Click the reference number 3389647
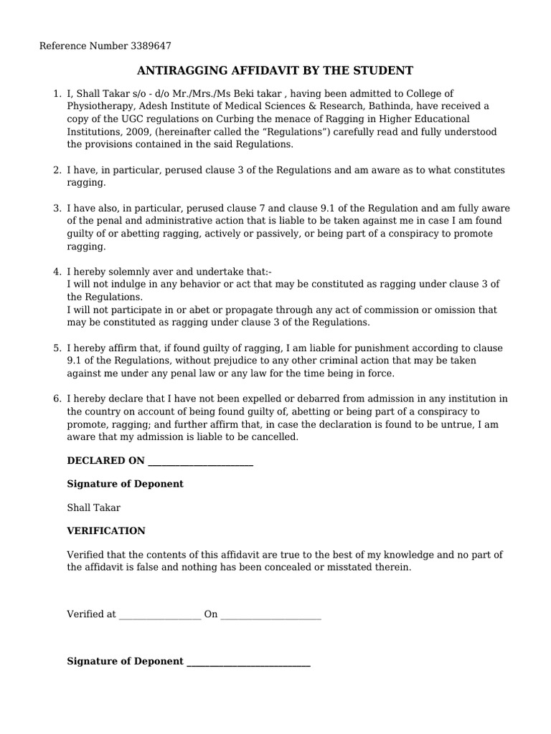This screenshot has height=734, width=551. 151,46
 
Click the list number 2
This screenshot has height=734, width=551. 57,170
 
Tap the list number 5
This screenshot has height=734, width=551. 57,348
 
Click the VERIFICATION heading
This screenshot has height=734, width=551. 106,531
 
